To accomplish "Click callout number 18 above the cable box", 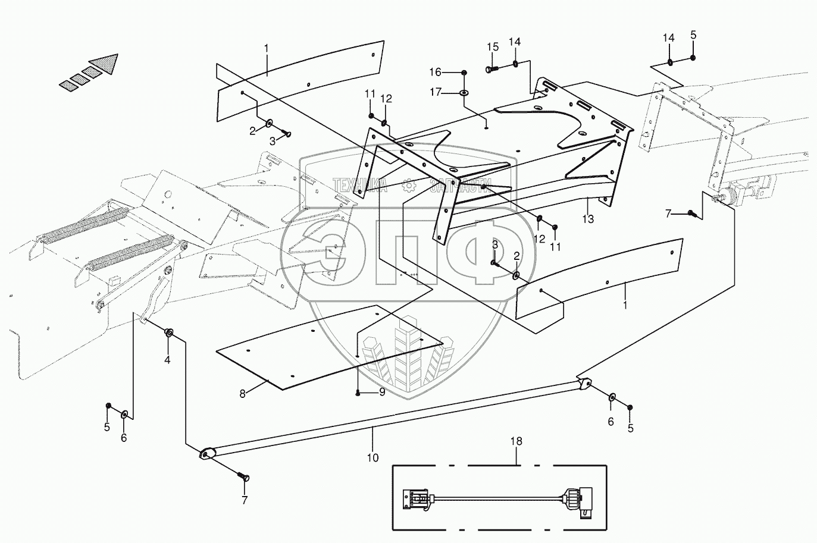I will coord(516,441).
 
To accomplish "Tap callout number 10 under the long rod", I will coord(372,458).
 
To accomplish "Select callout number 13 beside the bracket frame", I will coord(588,219).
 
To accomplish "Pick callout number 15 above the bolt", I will coord(492,48).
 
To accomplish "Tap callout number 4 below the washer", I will coord(167,360).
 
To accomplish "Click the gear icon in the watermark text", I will coord(408,186).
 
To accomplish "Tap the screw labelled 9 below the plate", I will coord(357,393).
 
